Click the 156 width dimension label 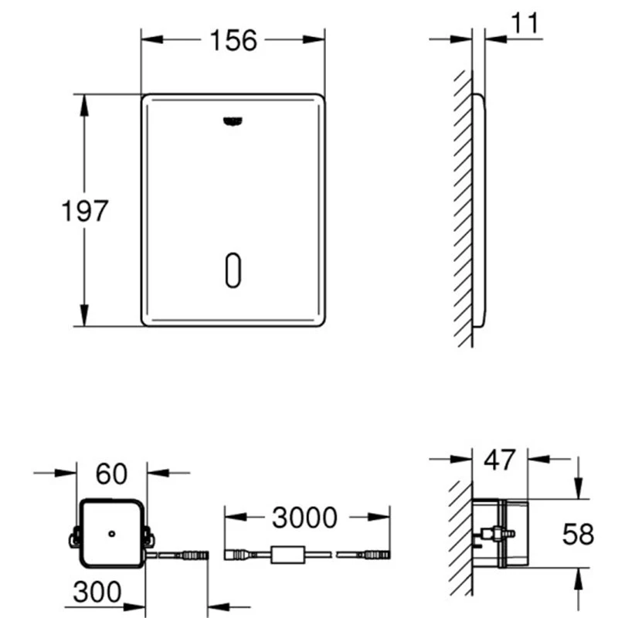click(233, 40)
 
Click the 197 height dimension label click(85, 211)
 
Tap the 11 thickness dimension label click(525, 23)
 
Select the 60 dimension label click(111, 474)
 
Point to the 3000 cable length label click(304, 518)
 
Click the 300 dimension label click(97, 592)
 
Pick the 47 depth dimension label click(499, 460)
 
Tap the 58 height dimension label click(578, 535)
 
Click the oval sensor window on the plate click(233, 270)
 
